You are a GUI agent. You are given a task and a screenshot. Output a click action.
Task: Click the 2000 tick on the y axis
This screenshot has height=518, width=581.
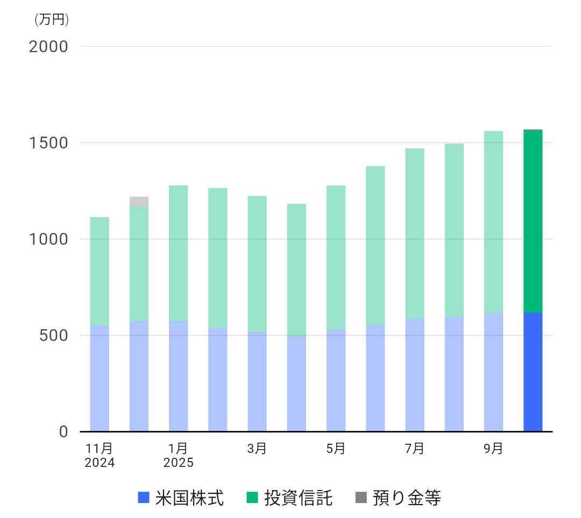coord(48,47)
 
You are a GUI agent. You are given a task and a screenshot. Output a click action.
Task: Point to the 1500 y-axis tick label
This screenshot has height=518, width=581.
coord(48,144)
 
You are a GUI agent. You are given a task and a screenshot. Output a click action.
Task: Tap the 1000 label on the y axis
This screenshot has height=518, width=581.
coord(48,240)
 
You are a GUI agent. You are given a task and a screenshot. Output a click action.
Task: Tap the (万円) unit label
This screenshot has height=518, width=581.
coord(52,20)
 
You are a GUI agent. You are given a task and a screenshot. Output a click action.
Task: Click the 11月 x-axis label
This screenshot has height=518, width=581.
coord(100,449)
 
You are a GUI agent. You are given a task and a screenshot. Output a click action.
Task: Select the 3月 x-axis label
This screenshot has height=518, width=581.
coord(257,449)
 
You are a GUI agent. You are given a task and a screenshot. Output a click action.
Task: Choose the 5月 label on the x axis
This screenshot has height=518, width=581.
coord(336,449)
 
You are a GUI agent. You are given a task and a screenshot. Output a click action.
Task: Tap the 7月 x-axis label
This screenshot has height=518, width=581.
coord(415,449)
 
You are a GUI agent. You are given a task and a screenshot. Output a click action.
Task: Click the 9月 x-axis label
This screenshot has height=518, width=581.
coord(493,449)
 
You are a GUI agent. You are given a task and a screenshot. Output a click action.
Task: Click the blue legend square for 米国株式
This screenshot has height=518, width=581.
coord(143,498)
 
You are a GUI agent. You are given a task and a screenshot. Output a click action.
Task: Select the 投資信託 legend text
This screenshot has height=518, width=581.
coord(298,498)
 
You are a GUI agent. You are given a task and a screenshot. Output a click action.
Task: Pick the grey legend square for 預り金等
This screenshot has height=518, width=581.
coord(361,498)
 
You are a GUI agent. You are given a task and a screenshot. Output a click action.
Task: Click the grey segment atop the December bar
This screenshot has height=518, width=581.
coord(139,202)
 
